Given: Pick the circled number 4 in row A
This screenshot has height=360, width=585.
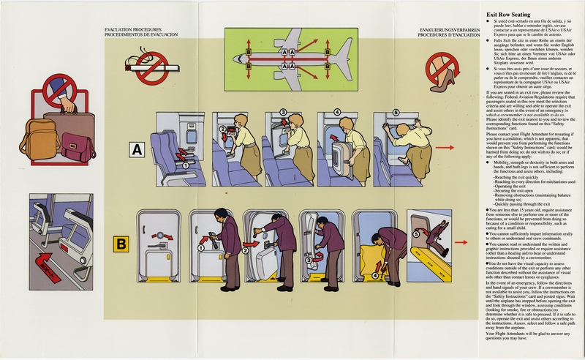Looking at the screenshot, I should (338, 113).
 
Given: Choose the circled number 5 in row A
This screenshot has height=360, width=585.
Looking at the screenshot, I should (396, 113).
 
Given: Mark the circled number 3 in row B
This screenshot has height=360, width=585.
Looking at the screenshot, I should (309, 258).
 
